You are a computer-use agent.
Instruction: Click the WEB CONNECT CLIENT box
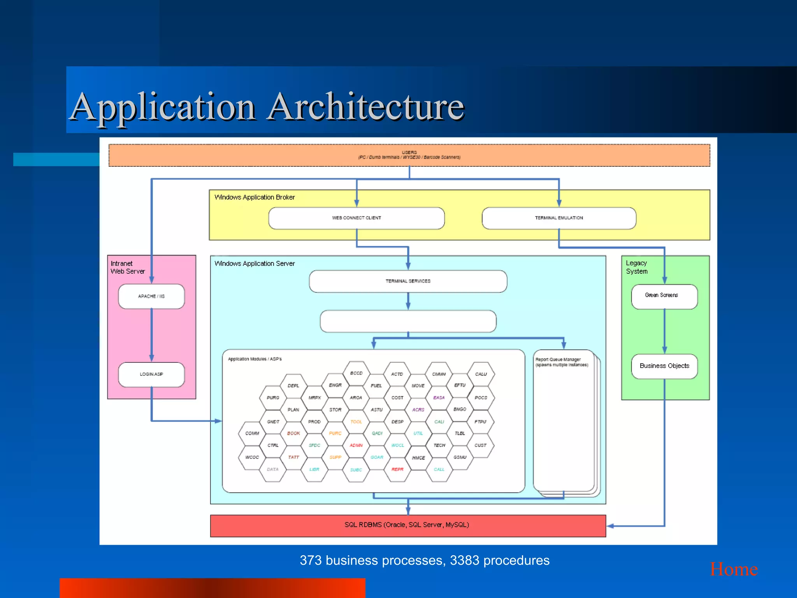356,218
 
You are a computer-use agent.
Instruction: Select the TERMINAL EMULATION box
559,218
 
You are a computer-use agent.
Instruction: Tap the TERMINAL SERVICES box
408,281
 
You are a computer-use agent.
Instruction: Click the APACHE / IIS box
151,296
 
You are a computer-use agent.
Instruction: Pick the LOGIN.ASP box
151,374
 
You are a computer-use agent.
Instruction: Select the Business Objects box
664,366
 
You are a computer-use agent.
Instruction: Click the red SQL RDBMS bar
407,525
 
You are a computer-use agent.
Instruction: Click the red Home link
734,570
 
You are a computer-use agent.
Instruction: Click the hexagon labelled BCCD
356,373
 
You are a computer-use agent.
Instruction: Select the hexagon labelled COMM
252,433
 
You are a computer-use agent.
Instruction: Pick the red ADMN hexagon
356,445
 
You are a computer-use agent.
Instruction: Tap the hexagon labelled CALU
481,374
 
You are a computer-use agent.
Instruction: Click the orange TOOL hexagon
356,422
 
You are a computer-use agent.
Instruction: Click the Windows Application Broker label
255,197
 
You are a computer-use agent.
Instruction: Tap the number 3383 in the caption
464,561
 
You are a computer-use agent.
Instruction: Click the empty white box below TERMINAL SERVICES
408,321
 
